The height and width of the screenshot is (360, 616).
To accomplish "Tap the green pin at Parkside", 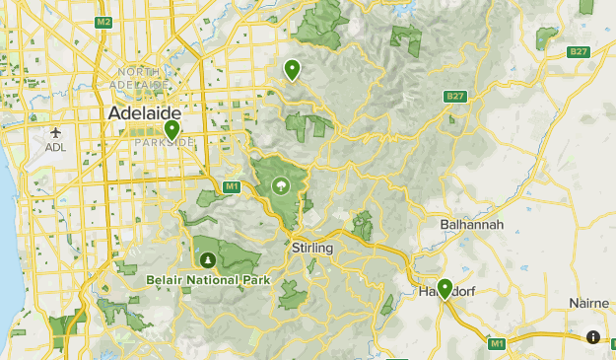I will [x=171, y=129].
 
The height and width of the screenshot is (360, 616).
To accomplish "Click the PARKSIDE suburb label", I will [x=165, y=143].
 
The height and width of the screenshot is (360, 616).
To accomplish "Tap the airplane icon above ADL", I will [x=55, y=132].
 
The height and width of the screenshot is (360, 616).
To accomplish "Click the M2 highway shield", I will [x=104, y=22].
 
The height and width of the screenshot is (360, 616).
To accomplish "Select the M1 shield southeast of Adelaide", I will [x=232, y=185].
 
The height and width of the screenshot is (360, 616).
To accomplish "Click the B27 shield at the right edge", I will [x=578, y=51].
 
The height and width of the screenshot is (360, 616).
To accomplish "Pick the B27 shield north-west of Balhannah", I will [x=454, y=96].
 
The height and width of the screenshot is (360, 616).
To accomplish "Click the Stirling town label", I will [x=312, y=249].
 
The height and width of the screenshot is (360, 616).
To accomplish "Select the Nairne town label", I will [x=589, y=303].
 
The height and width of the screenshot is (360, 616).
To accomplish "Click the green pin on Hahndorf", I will [x=445, y=288].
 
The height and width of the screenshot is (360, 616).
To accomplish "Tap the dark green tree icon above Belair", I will [x=207, y=259].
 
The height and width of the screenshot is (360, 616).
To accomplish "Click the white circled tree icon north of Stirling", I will [x=281, y=184].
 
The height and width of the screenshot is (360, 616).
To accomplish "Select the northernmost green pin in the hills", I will [x=292, y=69].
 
